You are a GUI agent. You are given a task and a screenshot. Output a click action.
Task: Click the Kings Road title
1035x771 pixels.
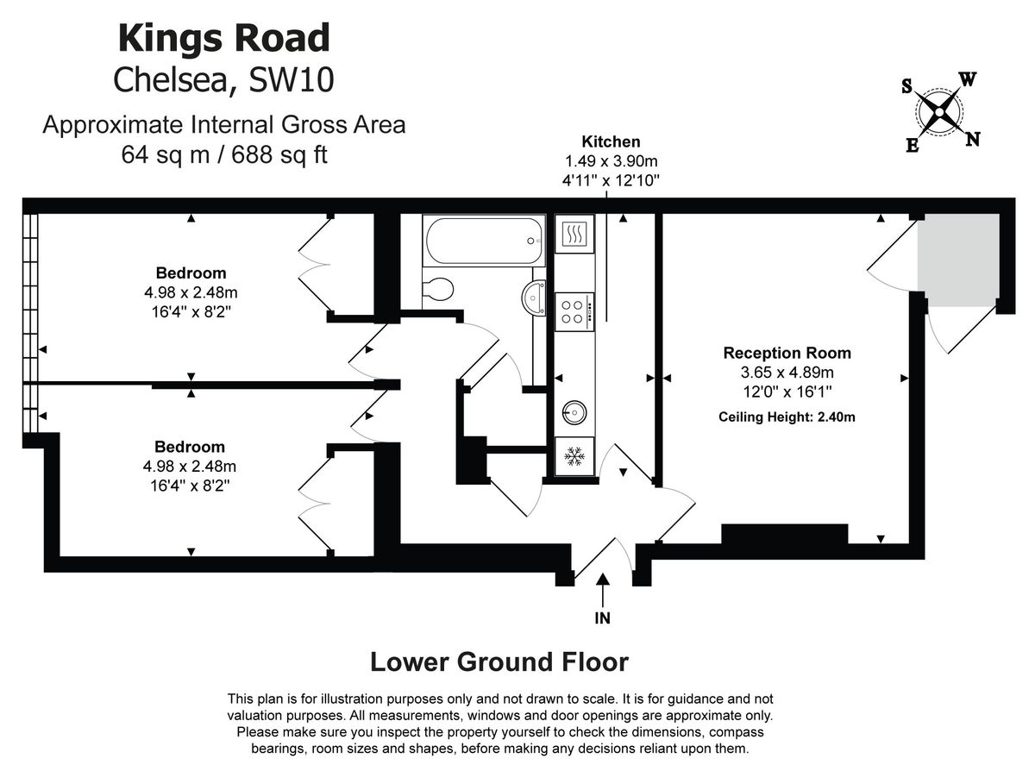pos(223,39)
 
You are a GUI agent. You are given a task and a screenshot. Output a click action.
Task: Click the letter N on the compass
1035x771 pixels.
pos(973,140)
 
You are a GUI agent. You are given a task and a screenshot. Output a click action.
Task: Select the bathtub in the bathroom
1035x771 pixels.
pos(483,241)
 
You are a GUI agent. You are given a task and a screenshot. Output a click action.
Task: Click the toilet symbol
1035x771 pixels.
pos(439,289)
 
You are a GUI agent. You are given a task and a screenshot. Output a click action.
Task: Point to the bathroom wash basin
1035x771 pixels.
pos(534,298)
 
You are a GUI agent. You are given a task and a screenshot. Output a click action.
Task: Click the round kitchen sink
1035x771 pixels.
pos(574,413)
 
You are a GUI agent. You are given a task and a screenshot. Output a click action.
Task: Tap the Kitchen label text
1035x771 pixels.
pos(611,142)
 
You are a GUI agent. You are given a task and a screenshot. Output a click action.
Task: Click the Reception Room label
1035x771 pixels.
pos(787,353)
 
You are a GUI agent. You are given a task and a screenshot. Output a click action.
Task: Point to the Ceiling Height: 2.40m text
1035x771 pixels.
pos(787,417)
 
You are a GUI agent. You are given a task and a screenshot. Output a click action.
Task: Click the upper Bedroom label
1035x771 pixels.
pos(191,273)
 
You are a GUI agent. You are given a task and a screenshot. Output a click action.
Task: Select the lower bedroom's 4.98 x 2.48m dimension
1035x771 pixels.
pos(191,467)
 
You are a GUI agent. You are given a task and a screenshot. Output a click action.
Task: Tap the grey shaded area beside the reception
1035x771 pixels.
pos(957,259)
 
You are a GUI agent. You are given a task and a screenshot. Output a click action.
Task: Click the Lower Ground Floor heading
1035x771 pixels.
pos(499,662)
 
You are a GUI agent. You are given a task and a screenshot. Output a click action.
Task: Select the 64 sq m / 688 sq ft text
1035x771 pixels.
pos(224,155)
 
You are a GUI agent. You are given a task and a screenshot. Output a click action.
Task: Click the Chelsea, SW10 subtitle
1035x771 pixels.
pos(223,80)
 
